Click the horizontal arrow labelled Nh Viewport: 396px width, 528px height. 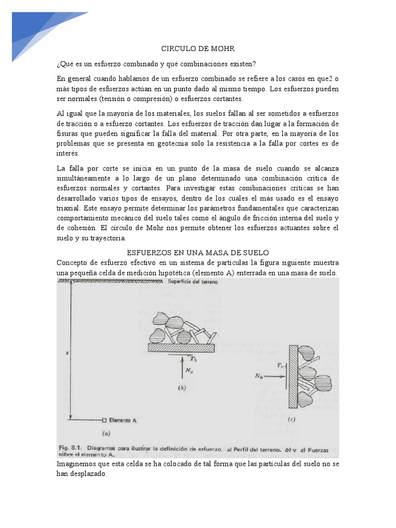click(272, 376)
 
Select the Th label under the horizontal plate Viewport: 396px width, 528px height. click(193, 358)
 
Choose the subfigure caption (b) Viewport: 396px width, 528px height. click(181, 387)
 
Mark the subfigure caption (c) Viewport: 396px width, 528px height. click(291, 420)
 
